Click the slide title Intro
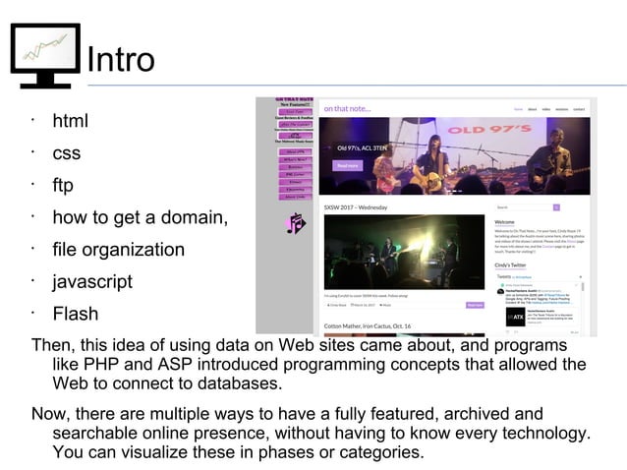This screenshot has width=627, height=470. pyautogui.click(x=121, y=60)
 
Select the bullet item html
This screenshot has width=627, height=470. pyautogui.click(x=70, y=122)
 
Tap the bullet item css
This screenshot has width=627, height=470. pyautogui.click(x=67, y=153)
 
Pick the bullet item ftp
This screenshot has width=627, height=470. pyautogui.click(x=63, y=185)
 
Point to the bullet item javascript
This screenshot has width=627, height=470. pyautogui.click(x=92, y=281)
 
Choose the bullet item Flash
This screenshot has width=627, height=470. pyautogui.click(x=76, y=314)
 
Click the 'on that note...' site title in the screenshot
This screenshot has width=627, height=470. pyautogui.click(x=347, y=108)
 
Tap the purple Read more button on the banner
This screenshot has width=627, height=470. pyautogui.click(x=348, y=165)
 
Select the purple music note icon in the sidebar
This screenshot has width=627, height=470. pyautogui.click(x=295, y=224)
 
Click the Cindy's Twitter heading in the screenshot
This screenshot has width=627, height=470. pyautogui.click(x=511, y=265)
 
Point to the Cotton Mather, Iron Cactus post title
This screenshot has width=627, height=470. pyautogui.click(x=368, y=325)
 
